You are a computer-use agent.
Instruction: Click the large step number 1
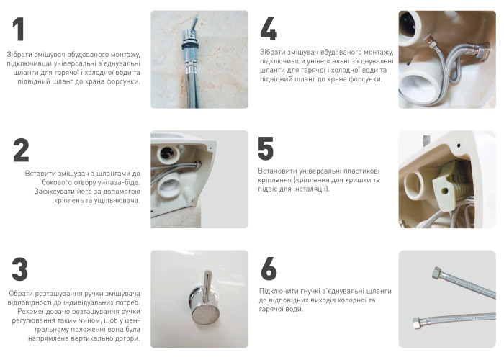click(19, 30)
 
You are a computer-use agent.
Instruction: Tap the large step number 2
click(21, 150)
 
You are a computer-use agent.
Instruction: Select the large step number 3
click(20, 269)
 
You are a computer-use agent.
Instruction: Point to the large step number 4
click(269, 30)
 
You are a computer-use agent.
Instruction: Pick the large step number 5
click(266, 148)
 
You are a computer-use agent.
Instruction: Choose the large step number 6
click(269, 269)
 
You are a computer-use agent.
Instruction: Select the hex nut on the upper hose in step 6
click(437, 272)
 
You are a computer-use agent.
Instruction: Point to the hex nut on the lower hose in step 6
click(417, 323)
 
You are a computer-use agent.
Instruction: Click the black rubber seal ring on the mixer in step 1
click(190, 45)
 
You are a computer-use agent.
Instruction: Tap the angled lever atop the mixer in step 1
click(194, 24)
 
